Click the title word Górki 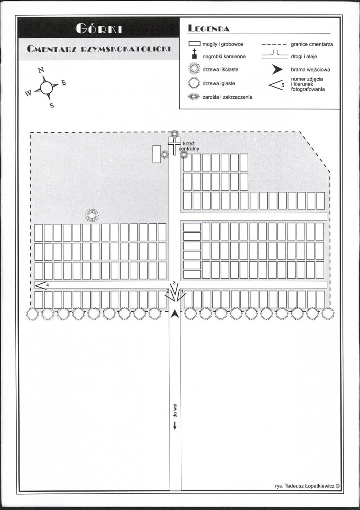tap(99, 29)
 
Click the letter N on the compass tap(41, 70)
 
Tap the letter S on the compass tap(52, 106)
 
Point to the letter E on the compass tap(63, 83)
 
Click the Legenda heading tap(209, 28)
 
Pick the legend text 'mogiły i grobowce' tap(223, 44)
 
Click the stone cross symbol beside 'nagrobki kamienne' tap(194, 54)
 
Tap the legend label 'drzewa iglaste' tap(219, 83)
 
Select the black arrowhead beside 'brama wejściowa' tap(277, 69)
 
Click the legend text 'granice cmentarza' tap(312, 44)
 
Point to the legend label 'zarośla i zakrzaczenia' tap(227, 97)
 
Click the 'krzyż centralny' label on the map tap(191, 146)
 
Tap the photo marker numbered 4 tap(40, 285)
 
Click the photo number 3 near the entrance tap(174, 282)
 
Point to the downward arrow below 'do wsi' tap(175, 425)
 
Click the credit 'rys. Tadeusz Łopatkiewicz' tap(307, 486)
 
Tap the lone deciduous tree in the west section tap(92, 215)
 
